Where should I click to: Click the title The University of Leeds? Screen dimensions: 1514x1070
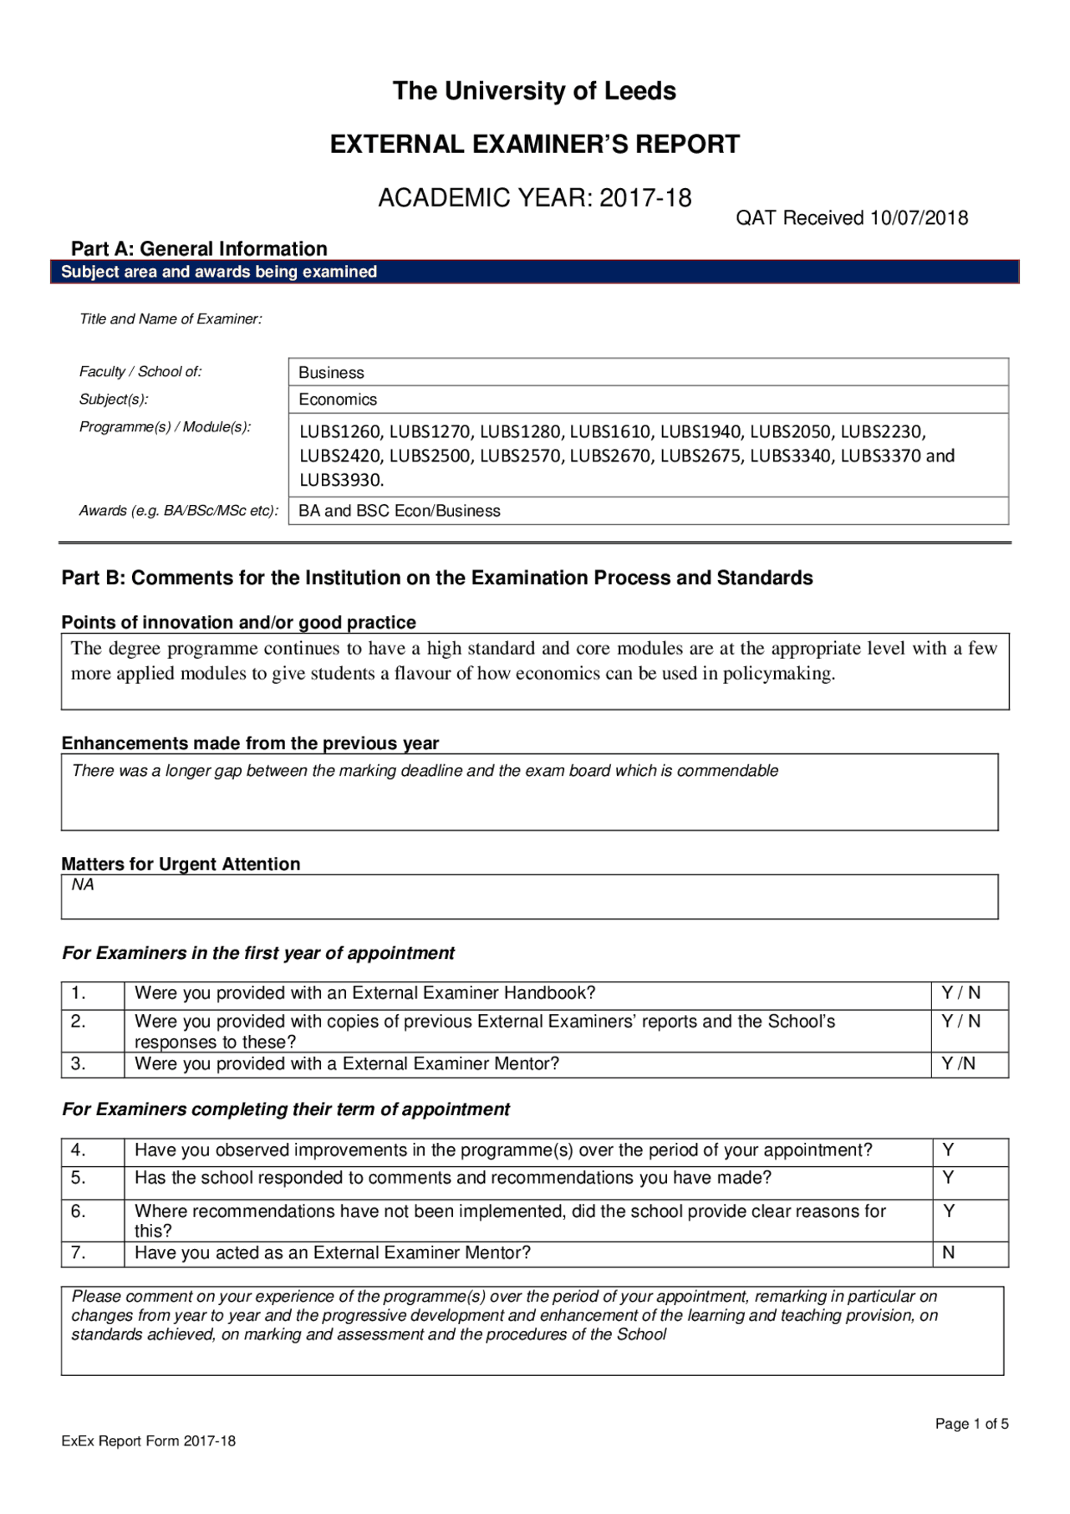[534, 90]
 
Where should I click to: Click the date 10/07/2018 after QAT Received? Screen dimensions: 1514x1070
[919, 218]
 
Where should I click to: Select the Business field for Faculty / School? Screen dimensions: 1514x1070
[332, 373]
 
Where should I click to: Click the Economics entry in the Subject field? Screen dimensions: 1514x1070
[338, 400]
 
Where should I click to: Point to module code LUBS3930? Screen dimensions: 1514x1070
[341, 480]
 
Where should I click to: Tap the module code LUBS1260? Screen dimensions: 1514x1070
[341, 431]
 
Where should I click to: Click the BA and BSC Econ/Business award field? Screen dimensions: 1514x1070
[400, 511]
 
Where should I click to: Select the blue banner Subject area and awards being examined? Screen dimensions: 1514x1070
[219, 272]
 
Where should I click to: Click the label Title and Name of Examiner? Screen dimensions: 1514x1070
[171, 319]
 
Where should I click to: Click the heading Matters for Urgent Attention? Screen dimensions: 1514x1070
[181, 864]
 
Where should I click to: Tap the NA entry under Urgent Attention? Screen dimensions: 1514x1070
[83, 884]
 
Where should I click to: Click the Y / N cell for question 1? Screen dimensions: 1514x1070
[960, 993]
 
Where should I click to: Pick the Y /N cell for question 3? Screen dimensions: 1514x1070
[958, 1063]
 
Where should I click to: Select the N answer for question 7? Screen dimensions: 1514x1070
[949, 1252]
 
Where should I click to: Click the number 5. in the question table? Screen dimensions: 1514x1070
[79, 1178]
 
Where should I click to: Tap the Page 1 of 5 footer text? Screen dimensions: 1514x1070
[971, 1424]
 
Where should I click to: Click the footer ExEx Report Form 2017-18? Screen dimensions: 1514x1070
[149, 1441]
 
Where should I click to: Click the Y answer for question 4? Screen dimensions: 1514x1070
[949, 1150]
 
